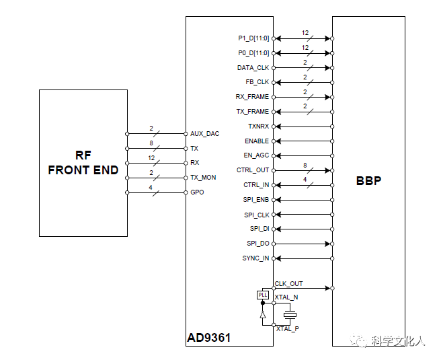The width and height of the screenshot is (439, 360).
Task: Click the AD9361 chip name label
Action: pos(209,338)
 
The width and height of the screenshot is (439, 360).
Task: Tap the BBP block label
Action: pos(368,181)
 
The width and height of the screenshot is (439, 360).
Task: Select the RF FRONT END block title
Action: pos(83,163)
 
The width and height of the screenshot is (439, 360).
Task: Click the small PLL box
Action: pos(263,295)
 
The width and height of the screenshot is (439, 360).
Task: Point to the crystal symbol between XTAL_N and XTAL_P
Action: pos(290,315)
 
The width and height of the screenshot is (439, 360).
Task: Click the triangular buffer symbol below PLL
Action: pos(262,315)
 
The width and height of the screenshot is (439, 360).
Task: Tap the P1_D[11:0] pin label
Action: pos(253,38)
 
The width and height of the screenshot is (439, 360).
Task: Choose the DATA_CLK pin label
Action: pos(253,68)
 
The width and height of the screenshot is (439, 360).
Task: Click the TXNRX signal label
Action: pos(258,127)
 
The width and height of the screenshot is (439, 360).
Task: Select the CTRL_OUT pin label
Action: pos(253,170)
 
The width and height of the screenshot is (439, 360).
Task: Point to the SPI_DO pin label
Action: pos(258,244)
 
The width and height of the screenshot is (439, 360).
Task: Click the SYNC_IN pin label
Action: pos(255,258)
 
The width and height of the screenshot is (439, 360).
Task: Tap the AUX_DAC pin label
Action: pos(204,134)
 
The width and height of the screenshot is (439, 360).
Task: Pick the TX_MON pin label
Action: pos(203,178)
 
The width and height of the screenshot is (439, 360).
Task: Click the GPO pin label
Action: pos(197,192)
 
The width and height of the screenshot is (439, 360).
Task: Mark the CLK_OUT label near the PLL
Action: pos(288,284)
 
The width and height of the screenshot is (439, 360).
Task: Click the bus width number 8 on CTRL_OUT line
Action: pos(305,166)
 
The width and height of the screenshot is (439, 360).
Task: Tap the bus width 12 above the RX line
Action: pos(151,158)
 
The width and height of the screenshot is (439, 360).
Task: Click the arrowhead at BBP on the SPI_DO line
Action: pos(327,244)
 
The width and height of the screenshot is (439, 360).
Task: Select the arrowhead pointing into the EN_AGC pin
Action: pos(278,155)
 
